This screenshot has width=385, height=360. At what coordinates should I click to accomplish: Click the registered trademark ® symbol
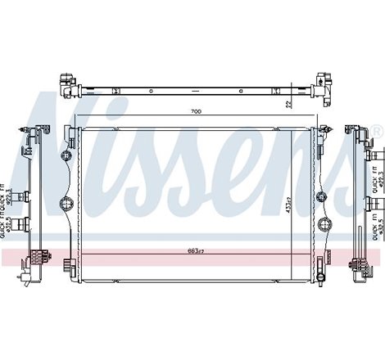point(376,130)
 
